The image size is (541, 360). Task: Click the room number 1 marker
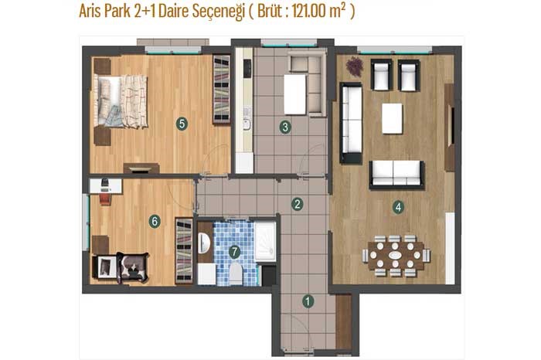tap(308, 301)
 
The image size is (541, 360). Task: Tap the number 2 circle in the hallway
tap(297, 204)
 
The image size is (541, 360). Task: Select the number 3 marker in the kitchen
tap(285, 127)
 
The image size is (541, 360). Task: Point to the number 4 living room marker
tap(398, 207)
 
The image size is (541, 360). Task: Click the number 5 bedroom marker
tap(182, 124)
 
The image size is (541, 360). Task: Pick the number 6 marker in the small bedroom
tap(155, 221)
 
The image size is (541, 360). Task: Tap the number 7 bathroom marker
tap(235, 252)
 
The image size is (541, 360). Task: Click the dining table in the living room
tap(396, 256)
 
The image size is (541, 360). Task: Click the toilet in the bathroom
tap(236, 273)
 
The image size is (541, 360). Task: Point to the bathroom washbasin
tap(204, 243)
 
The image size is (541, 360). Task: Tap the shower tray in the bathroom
tap(265, 241)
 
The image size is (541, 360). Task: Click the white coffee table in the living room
tap(392, 119)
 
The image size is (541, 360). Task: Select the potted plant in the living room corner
tap(355, 66)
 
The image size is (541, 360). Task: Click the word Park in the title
tap(117, 11)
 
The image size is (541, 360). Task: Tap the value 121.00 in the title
tap(309, 11)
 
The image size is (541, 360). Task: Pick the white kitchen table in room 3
tap(294, 94)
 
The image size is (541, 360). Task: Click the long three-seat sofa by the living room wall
tap(351, 123)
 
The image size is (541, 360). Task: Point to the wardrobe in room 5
tap(222, 89)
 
